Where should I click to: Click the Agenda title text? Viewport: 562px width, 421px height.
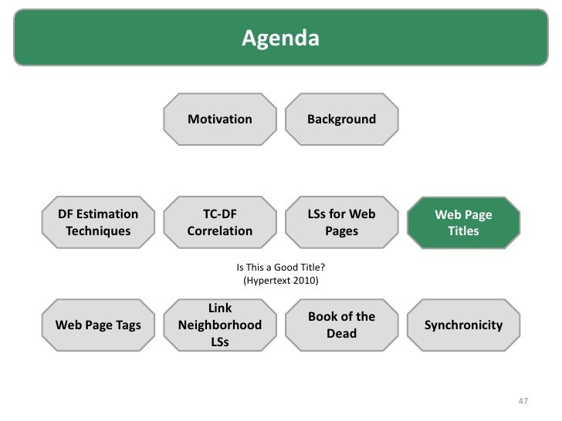pos(280,37)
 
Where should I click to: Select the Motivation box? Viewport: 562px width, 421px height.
pos(220,120)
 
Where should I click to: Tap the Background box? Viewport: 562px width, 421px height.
pos(341,120)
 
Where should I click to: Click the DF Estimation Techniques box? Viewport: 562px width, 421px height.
pos(98,222)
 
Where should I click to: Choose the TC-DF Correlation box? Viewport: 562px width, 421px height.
pos(220,222)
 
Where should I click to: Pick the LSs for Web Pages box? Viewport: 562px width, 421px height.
pos(341,222)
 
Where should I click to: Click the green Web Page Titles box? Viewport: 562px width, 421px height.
pos(463,223)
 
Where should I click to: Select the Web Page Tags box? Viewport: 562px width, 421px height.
pos(98,325)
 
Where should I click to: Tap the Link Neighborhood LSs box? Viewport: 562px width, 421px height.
pos(220,325)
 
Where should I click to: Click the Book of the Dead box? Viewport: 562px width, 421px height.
pos(341,325)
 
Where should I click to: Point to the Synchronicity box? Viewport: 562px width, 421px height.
pos(463,325)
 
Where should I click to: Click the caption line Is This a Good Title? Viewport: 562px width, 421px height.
pos(280,268)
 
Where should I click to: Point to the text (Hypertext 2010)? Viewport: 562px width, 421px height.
pos(280,280)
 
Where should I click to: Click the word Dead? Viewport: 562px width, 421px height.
pos(341,333)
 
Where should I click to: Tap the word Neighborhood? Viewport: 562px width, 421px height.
pos(220,325)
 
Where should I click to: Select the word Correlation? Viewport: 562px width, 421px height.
pos(220,231)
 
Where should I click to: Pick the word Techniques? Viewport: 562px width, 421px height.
pos(98,231)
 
